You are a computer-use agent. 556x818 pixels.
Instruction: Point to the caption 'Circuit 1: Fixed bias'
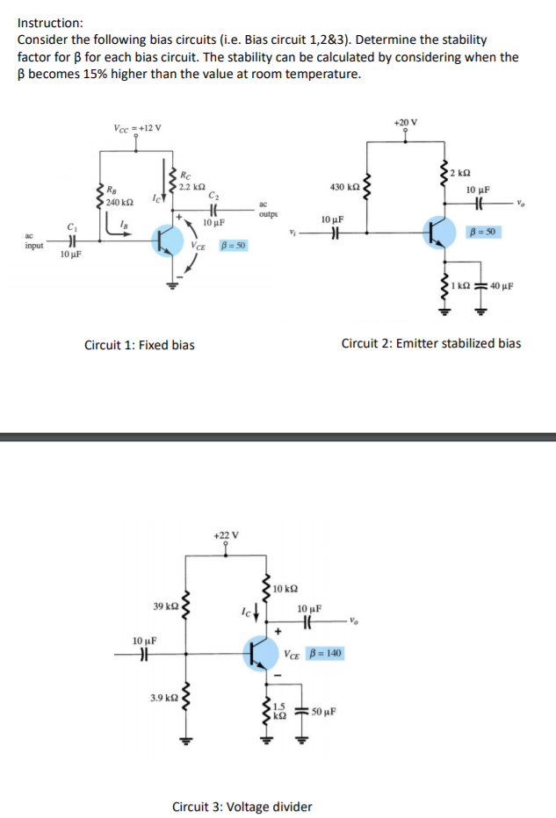139,345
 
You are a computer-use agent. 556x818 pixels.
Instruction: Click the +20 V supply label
406,121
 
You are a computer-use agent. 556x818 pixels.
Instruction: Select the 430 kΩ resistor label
343,187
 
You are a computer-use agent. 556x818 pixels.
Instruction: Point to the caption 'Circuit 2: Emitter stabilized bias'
430,343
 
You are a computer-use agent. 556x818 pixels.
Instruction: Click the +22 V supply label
226,535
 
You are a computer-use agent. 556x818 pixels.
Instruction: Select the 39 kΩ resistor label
165,606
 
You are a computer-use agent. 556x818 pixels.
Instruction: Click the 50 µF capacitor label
323,711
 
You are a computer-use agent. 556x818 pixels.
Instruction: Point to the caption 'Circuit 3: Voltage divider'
242,807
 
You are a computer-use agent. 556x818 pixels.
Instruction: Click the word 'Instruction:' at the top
50,23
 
